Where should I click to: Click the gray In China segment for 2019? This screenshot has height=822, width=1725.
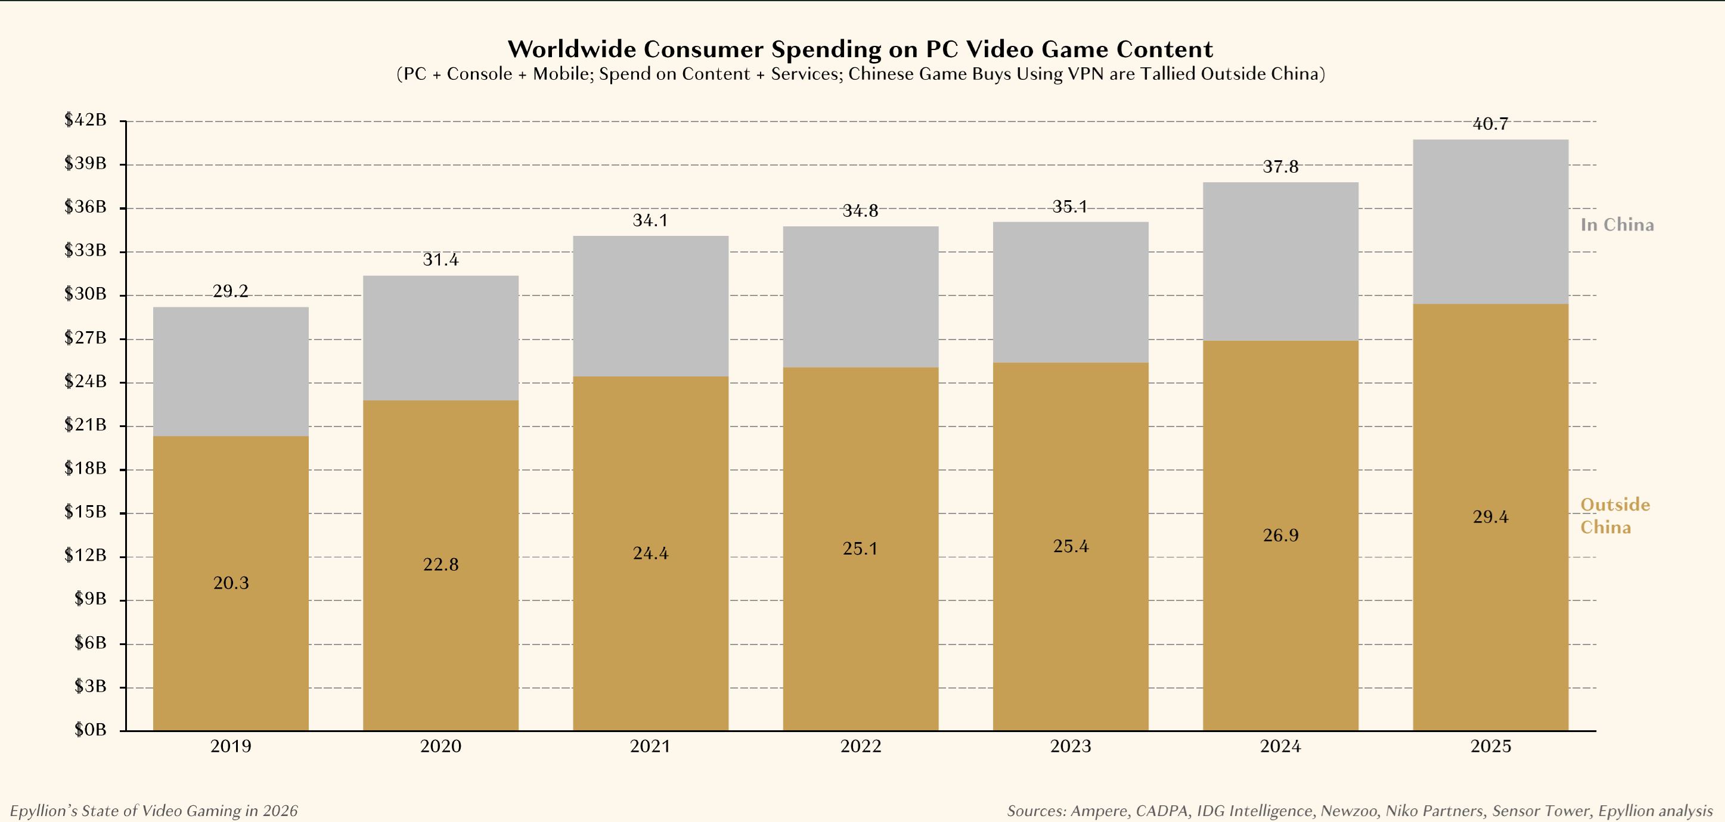click(231, 372)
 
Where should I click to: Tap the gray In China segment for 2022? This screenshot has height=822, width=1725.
click(861, 297)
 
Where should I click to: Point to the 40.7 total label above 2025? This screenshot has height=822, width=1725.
click(1491, 124)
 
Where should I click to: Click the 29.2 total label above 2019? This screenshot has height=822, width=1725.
click(231, 291)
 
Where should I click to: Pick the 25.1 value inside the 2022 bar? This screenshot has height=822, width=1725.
click(861, 549)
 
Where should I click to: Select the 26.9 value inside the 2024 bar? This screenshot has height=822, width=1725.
click(1280, 535)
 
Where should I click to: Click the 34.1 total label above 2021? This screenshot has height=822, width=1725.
click(650, 220)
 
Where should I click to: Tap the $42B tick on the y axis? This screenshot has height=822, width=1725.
click(86, 120)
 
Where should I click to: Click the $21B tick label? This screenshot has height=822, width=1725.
click(86, 425)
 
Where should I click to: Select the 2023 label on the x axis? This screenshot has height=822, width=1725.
click(1070, 746)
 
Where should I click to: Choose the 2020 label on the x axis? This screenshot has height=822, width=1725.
click(440, 746)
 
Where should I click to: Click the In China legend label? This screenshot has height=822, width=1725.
click(1617, 225)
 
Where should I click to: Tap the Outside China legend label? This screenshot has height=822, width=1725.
click(1615, 516)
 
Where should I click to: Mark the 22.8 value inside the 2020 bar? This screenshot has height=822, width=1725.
click(440, 565)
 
